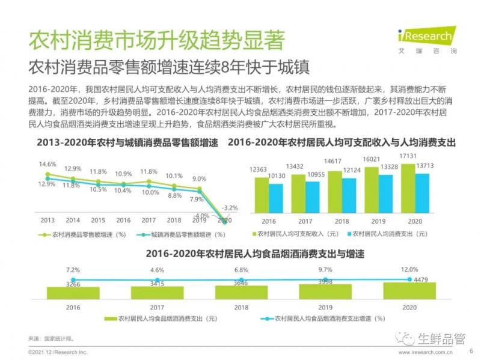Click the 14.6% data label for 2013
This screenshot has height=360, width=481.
coord(47,163)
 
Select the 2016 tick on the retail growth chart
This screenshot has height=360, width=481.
coord(123,221)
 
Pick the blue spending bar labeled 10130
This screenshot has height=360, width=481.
coord(276,198)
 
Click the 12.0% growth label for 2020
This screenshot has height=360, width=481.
coord(409,270)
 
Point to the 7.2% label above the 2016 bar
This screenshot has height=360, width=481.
coord(73,270)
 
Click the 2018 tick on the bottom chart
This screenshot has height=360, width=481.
coord(241,307)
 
